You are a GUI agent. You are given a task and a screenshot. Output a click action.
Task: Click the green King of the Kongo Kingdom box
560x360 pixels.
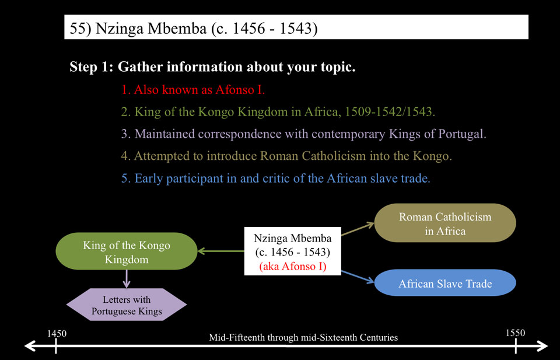pyautogui.click(x=127, y=251)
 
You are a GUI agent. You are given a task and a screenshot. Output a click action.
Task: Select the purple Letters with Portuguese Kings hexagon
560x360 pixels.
pyautogui.click(x=127, y=305)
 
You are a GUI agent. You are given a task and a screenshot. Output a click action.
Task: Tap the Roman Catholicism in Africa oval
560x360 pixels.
pyautogui.click(x=445, y=223)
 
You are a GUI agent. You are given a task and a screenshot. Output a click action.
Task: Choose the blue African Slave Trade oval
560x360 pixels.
pyautogui.click(x=445, y=282)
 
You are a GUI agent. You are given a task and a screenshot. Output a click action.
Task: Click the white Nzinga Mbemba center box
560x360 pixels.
pyautogui.click(x=292, y=251)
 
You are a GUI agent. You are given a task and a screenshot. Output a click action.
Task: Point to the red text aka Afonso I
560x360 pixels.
pyautogui.click(x=292, y=266)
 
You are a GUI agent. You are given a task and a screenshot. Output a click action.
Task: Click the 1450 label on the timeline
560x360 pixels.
pyautogui.click(x=57, y=334)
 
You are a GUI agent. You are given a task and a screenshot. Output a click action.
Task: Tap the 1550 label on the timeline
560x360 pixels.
pyautogui.click(x=515, y=333)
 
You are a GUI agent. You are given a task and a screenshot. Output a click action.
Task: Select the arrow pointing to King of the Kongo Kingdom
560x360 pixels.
pyautogui.click(x=220, y=251)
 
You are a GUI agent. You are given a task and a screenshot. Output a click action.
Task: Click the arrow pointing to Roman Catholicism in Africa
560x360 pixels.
pyautogui.click(x=358, y=229)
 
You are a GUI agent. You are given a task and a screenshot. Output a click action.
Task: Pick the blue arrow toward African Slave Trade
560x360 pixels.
pyautogui.click(x=358, y=277)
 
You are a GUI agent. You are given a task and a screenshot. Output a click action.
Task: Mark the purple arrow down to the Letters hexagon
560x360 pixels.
pyautogui.click(x=127, y=279)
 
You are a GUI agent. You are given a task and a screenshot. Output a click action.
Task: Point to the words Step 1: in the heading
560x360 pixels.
pyautogui.click(x=92, y=67)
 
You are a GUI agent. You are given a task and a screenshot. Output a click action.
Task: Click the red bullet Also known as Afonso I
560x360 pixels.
pyautogui.click(x=193, y=90)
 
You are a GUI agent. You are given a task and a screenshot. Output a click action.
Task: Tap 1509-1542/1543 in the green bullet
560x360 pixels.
pyautogui.click(x=389, y=112)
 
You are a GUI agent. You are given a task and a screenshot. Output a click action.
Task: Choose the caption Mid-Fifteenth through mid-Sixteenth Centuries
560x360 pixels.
pyautogui.click(x=303, y=337)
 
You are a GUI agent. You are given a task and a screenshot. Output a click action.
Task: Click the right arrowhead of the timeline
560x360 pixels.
pyautogui.click(x=541, y=346)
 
